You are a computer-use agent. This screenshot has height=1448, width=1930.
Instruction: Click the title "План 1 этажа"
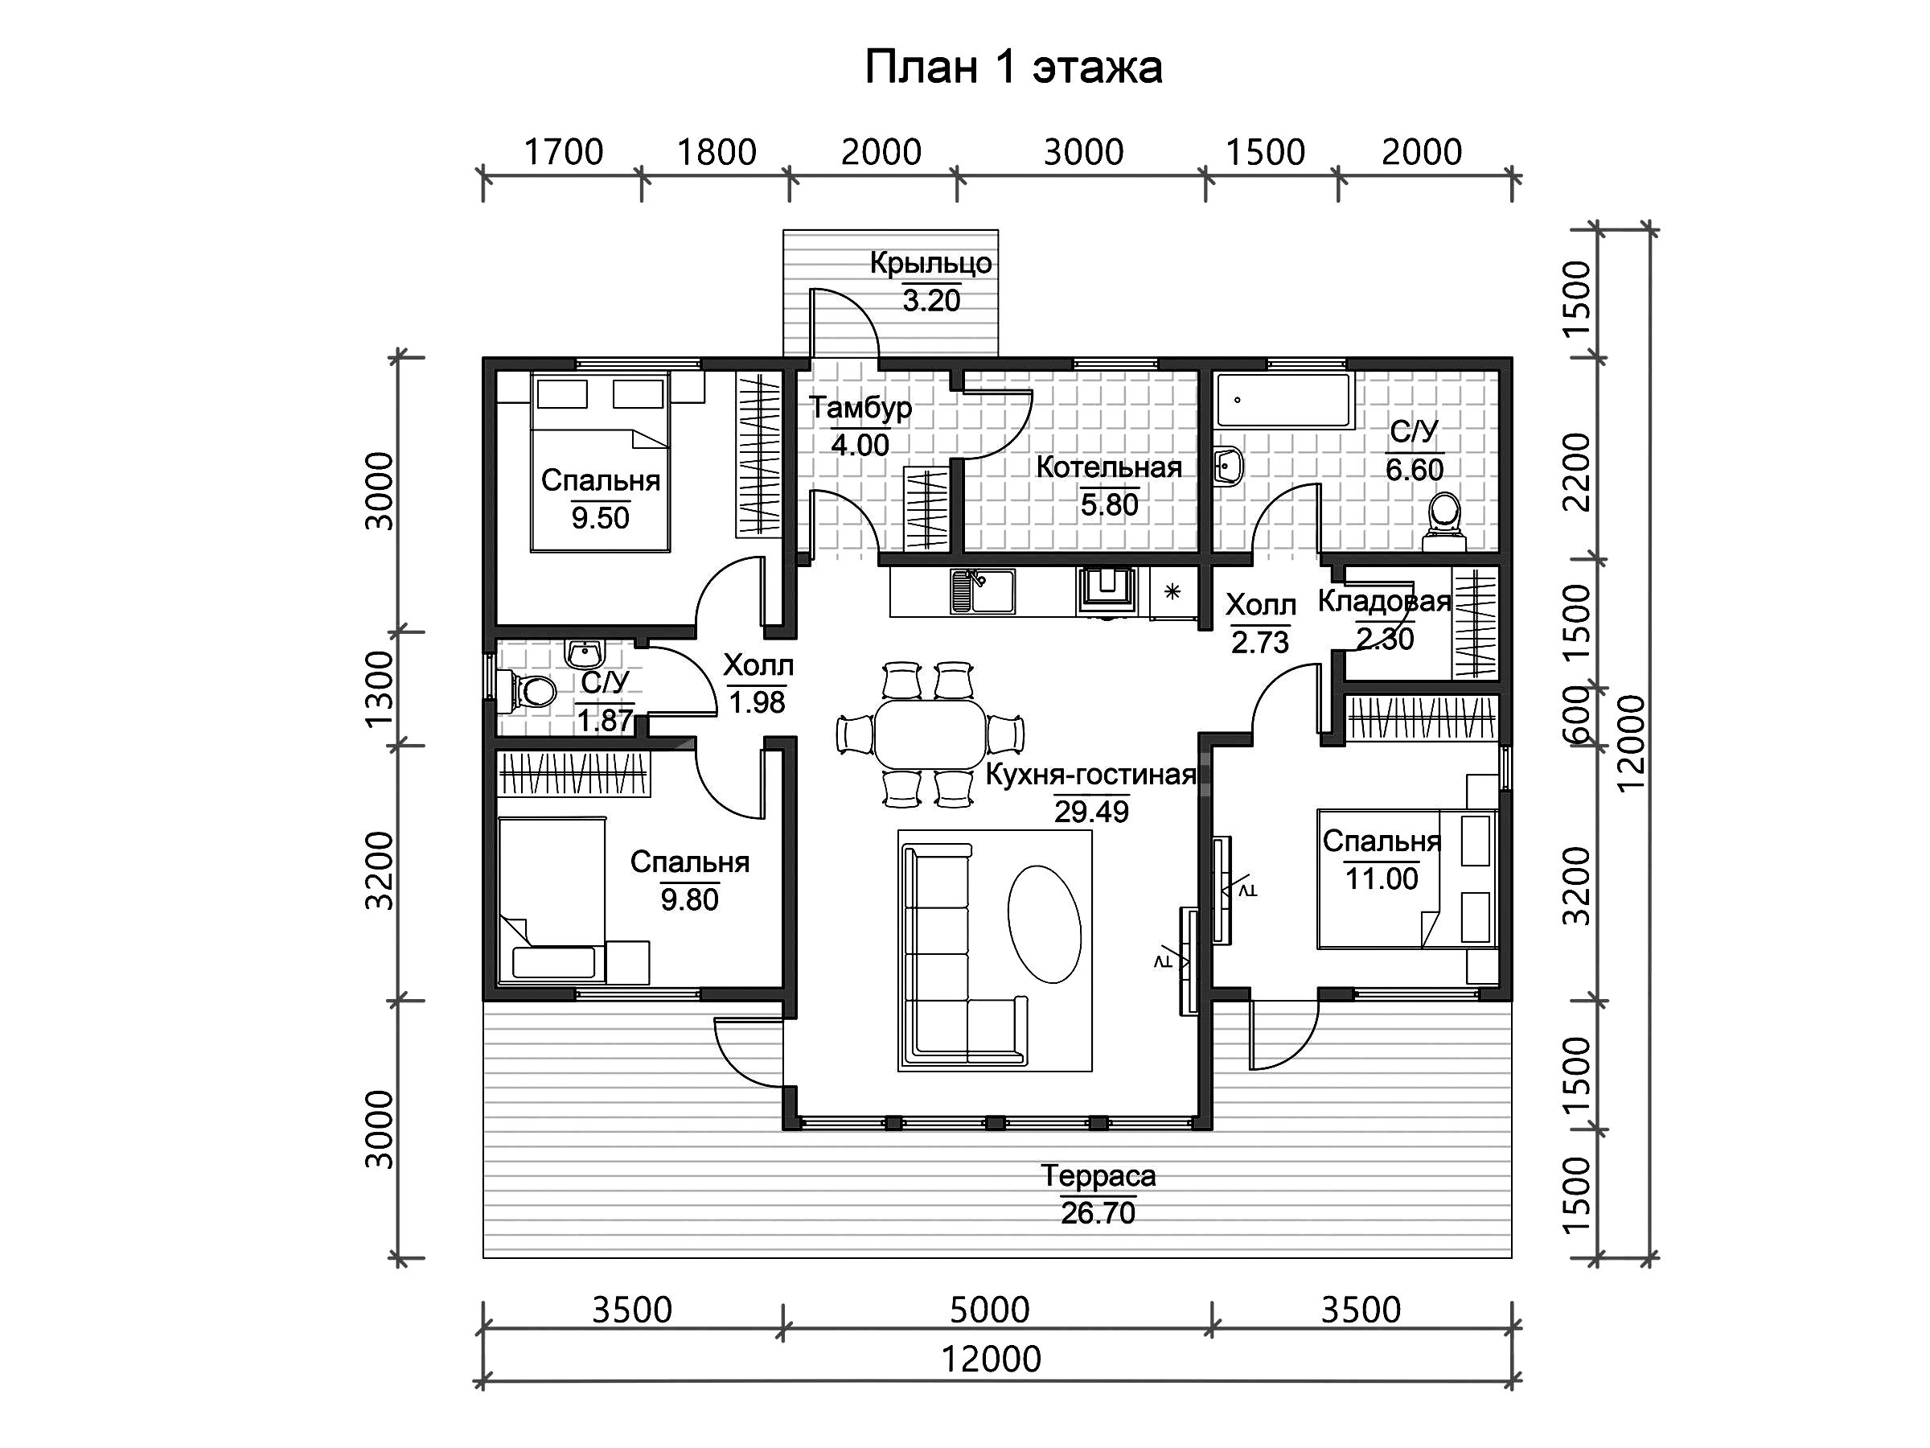coord(1013,68)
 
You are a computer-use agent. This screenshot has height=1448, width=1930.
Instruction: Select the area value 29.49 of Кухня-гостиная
coord(1091,811)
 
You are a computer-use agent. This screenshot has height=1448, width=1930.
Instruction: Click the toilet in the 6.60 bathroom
coord(1444,523)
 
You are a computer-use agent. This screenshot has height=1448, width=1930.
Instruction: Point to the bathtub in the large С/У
coord(1283,401)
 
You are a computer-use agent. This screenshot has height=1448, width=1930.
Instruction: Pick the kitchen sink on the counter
coord(983,591)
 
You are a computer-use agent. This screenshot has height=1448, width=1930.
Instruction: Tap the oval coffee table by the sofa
coord(1045,924)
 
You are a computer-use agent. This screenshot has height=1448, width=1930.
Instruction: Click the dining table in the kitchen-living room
coord(930,733)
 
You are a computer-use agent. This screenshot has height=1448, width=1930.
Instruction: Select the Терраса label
coord(1098,1175)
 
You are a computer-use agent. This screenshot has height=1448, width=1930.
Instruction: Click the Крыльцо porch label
coord(931,263)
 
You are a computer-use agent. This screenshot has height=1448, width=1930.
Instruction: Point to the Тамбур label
coord(860,408)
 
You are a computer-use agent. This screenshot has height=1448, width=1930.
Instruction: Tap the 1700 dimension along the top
coord(563,152)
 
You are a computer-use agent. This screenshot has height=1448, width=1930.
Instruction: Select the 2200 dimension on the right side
coord(1578,471)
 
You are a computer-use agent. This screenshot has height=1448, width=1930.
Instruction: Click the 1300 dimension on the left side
coord(380,689)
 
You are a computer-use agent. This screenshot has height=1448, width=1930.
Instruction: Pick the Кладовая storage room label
coord(1384,602)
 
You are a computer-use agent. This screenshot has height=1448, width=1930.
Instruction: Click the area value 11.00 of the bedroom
coord(1382,878)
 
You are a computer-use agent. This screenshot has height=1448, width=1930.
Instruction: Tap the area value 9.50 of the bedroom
coord(600,517)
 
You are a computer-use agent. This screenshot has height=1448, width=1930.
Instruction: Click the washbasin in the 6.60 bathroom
coord(1229,465)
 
